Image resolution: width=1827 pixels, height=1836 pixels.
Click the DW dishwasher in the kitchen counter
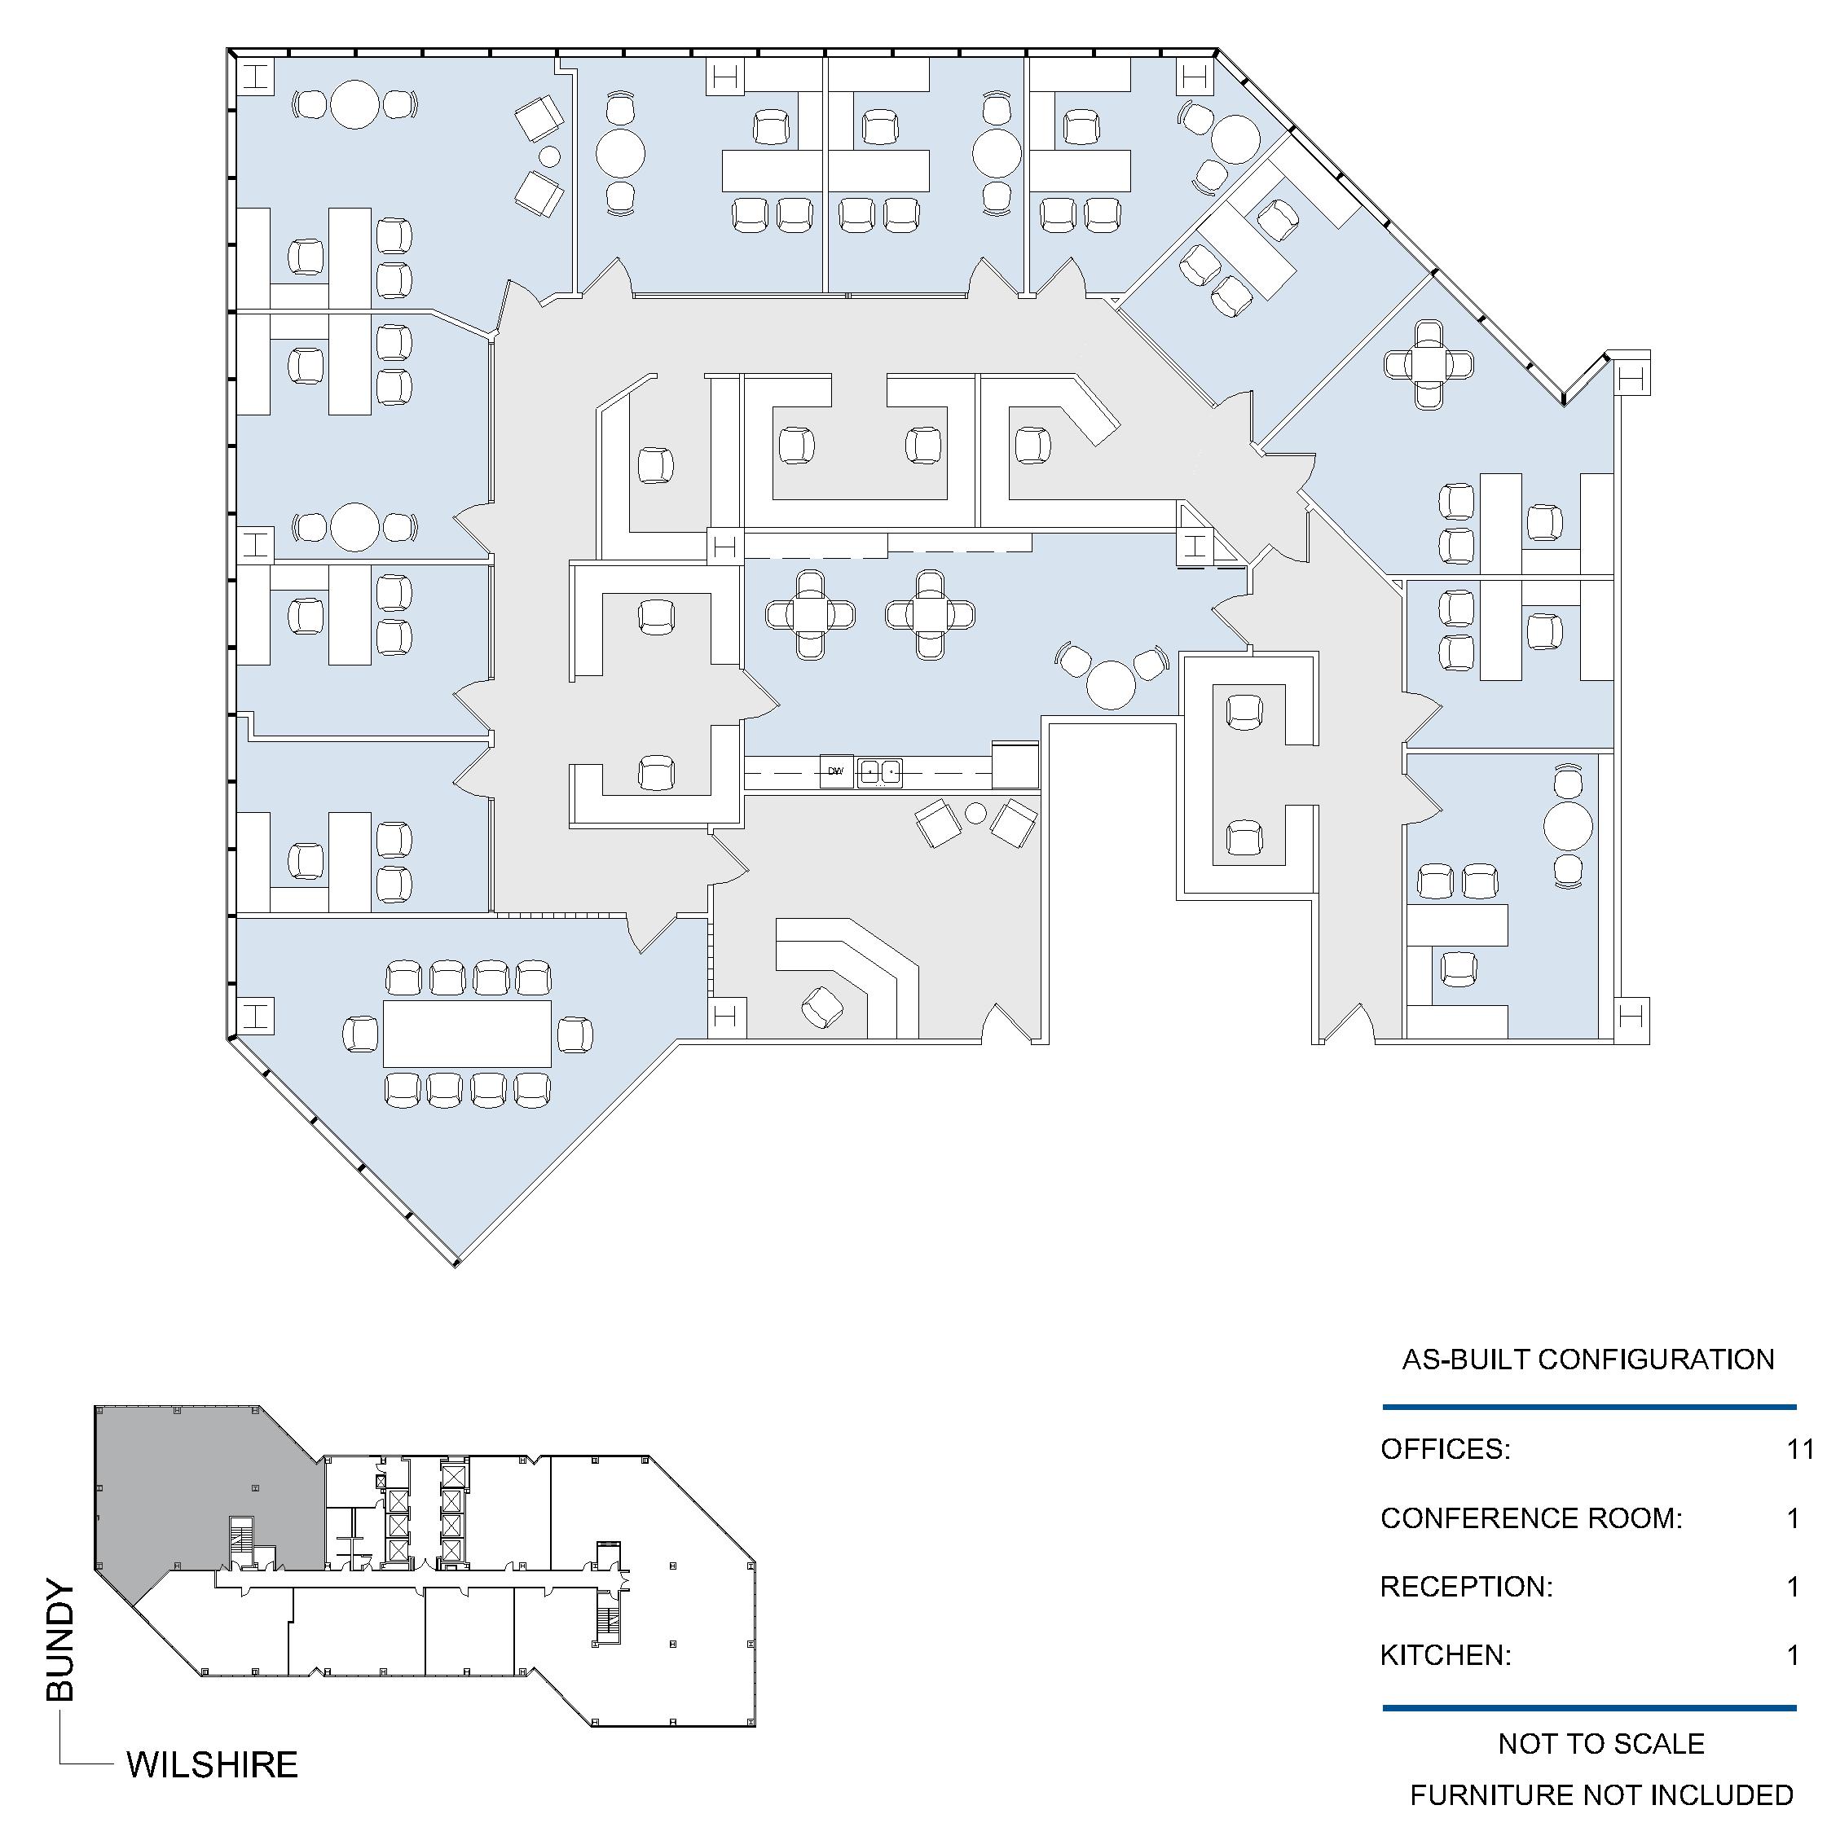point(834,771)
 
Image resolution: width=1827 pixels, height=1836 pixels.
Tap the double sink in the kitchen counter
point(879,771)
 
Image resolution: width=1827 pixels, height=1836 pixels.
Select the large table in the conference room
point(467,1033)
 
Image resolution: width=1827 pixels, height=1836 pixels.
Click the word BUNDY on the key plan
point(59,1641)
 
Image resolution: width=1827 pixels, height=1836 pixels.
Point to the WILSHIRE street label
point(212,1764)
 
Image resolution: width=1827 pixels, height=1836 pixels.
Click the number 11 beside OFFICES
point(1800,1448)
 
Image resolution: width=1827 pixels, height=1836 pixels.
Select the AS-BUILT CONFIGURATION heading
point(1587,1359)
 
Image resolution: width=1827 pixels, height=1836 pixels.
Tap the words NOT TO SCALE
point(1600,1744)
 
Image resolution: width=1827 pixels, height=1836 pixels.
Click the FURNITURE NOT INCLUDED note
point(1600,1795)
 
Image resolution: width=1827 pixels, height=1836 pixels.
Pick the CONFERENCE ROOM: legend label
point(1530,1518)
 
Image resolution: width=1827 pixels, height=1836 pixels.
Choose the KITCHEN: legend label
point(1445,1655)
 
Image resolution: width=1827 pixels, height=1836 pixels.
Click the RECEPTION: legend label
point(1466,1586)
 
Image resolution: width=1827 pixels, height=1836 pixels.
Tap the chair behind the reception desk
point(822,1008)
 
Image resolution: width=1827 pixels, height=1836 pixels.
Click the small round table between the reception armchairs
point(976,813)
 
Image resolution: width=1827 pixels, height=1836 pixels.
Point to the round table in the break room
point(1112,684)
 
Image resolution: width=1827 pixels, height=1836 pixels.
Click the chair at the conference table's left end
point(360,1034)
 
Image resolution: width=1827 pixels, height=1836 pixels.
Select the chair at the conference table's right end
point(575,1034)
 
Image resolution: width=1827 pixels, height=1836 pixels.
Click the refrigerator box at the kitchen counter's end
point(1015,766)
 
